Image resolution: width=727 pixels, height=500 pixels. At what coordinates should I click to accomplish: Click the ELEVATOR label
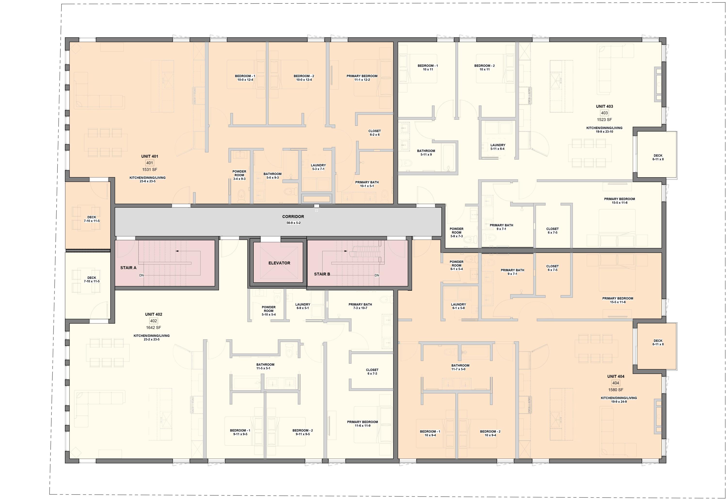(279, 263)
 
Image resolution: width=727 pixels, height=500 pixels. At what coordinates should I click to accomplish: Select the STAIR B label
(322, 274)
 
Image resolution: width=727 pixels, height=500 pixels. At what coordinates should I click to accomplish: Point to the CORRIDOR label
(293, 217)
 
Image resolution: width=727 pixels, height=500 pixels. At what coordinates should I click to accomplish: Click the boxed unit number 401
(150, 163)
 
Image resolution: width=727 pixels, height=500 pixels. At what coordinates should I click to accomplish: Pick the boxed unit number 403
(604, 113)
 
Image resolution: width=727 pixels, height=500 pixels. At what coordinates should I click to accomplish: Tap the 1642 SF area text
(153, 328)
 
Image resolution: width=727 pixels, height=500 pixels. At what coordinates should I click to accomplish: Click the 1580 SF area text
(615, 390)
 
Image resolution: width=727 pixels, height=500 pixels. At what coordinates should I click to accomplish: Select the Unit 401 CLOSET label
(374, 131)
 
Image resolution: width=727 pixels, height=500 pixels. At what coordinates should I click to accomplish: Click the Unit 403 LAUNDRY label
(498, 145)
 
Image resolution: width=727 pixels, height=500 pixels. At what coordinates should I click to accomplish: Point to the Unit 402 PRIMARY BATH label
(360, 305)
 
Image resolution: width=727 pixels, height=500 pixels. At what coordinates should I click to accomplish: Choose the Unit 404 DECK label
(658, 341)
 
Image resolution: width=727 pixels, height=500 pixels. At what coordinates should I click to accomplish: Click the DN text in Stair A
(142, 275)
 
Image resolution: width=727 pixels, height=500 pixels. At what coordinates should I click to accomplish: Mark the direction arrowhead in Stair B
(346, 251)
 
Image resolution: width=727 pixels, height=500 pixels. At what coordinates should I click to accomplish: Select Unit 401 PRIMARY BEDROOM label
(362, 76)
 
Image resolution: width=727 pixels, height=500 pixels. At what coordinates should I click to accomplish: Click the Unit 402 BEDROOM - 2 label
(302, 430)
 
